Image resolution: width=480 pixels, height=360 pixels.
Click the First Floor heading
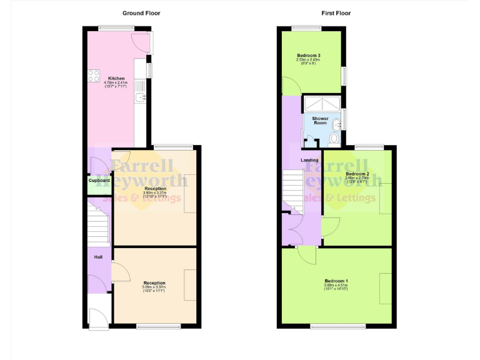point(336,12)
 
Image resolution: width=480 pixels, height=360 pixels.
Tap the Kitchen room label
point(116,78)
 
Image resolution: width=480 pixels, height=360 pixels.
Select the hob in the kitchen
point(94,76)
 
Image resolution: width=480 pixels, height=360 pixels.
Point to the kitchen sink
point(141,97)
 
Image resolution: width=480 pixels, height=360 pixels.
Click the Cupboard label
point(98,181)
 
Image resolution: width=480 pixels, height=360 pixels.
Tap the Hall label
point(98,257)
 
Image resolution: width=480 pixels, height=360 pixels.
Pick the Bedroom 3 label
point(308,56)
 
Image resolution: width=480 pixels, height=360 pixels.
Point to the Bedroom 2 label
point(357,173)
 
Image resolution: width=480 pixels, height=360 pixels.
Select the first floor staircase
point(291,187)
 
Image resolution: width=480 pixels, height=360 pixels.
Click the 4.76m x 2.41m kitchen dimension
point(116,82)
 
